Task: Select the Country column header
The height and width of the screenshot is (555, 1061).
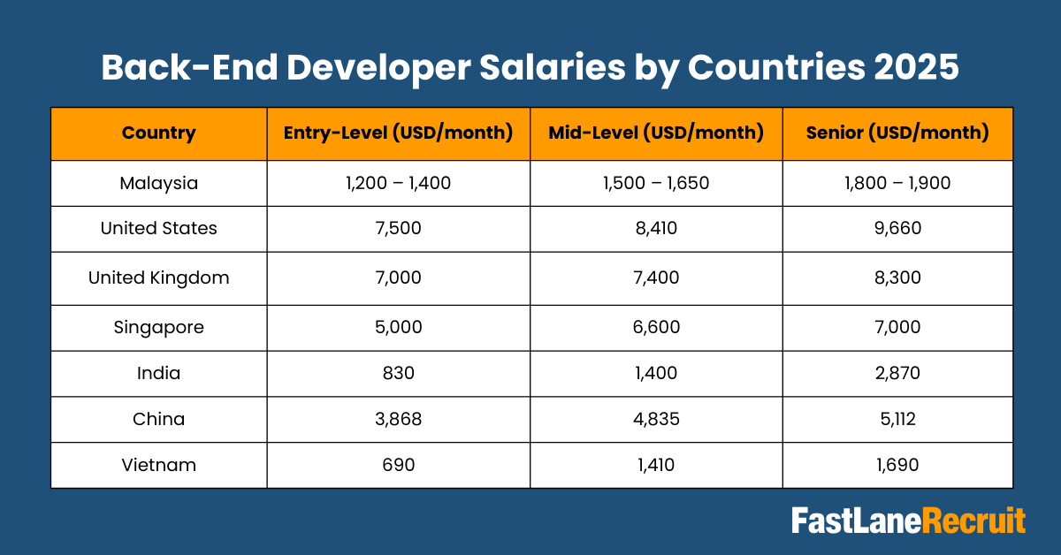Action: [x=159, y=133]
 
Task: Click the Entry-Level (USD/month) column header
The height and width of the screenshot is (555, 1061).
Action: [x=398, y=133]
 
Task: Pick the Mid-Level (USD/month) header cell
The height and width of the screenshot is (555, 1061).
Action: [x=656, y=133]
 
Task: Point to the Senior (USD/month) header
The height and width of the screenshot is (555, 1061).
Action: [x=897, y=133]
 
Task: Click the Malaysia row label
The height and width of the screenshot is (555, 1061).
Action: [x=159, y=184]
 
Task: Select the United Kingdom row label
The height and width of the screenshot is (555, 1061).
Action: [x=159, y=277]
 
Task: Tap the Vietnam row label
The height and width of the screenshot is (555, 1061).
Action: [x=159, y=465]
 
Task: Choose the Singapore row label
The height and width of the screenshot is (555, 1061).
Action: [x=159, y=327]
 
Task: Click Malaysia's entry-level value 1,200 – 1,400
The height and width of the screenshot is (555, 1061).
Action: [x=398, y=184]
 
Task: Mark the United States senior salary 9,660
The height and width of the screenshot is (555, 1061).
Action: [x=897, y=228]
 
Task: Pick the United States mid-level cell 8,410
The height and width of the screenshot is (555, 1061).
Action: [x=656, y=228]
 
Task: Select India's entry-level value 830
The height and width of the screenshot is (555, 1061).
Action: [x=398, y=373]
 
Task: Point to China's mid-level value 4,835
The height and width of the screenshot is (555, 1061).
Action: [x=656, y=419]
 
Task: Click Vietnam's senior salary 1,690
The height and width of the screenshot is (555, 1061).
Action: [x=897, y=465]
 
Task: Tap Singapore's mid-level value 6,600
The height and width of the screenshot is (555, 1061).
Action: [x=656, y=327]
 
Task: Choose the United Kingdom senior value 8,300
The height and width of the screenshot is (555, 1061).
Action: [x=897, y=277]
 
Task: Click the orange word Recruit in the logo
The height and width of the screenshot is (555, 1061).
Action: [x=974, y=521]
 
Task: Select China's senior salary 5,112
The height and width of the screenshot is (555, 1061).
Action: [x=897, y=419]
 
